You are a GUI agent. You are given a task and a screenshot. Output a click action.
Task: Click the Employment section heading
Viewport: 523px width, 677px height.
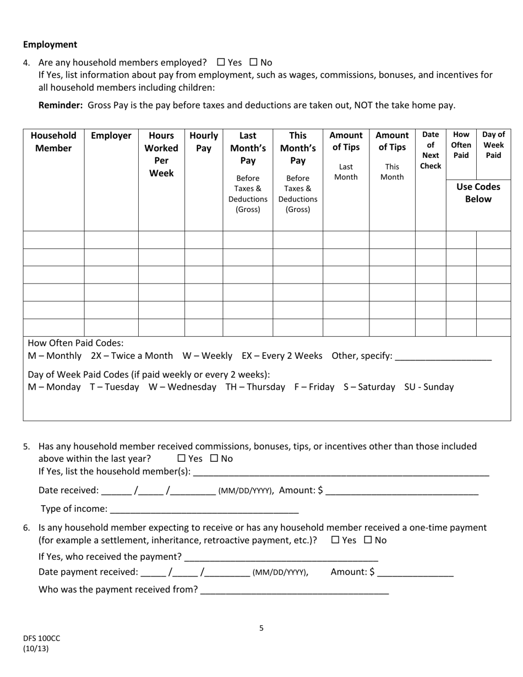50,45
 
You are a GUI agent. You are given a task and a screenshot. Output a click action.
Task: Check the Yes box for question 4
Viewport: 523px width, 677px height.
221,63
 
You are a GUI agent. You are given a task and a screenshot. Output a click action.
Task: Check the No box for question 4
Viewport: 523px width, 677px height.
254,63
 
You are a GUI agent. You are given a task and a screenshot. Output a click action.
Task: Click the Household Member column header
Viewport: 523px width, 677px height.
53,141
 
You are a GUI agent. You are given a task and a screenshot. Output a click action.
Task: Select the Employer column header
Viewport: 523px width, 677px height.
111,135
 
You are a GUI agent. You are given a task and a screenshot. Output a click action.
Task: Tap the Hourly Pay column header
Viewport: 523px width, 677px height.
204,141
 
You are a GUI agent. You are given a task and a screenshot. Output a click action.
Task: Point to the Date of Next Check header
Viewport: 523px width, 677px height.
430,150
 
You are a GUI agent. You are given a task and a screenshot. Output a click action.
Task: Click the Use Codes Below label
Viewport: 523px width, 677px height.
478,193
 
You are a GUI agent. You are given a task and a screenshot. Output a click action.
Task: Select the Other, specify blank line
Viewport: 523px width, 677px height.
443,357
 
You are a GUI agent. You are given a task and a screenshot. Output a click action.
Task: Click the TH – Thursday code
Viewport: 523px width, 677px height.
255,387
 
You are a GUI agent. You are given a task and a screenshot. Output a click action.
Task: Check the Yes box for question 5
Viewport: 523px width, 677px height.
182,458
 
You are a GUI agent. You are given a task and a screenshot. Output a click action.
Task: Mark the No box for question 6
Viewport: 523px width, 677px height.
368,540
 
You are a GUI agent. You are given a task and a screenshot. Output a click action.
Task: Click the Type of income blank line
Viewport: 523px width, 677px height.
204,509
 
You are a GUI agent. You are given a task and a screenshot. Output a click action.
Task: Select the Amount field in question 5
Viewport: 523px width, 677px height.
402,491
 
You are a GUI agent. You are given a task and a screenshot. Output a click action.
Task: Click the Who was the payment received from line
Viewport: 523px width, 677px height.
295,590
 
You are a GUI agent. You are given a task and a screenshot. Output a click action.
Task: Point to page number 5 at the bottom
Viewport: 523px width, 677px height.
261,628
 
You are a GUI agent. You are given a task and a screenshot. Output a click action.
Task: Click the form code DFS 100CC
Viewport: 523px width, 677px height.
42,638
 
